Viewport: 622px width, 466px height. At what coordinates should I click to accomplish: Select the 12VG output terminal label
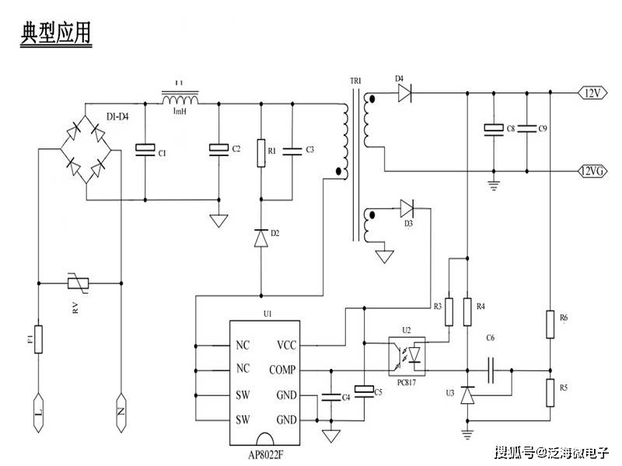[x=592, y=172]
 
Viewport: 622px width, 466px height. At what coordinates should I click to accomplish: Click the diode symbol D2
[x=261, y=238]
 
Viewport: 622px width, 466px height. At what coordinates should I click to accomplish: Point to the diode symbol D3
[x=407, y=208]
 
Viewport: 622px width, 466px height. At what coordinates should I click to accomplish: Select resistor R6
[x=551, y=324]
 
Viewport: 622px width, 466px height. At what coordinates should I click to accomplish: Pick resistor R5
[x=551, y=393]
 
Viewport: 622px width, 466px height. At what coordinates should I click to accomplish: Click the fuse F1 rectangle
[x=37, y=339]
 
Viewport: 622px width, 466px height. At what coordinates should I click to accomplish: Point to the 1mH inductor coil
[x=180, y=100]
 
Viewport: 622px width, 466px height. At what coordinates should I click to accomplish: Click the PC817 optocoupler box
[x=409, y=355]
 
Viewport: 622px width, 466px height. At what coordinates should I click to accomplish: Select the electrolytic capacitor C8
[x=491, y=129]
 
